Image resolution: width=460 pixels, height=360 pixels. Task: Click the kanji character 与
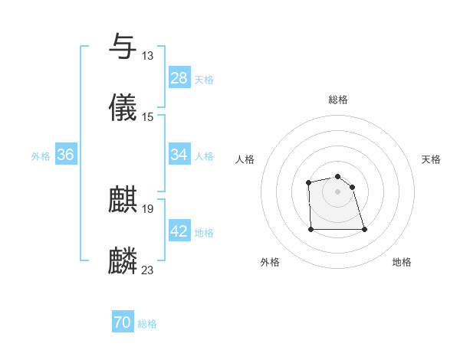click(x=123, y=47)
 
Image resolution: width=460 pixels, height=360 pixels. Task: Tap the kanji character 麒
click(x=123, y=201)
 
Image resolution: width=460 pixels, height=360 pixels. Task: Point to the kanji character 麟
click(x=123, y=261)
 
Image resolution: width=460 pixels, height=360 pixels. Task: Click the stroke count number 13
click(x=148, y=56)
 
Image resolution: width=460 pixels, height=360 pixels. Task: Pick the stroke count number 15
click(x=148, y=116)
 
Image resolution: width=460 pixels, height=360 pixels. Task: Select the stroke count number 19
click(x=148, y=209)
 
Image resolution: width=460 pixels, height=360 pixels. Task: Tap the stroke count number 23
click(x=148, y=270)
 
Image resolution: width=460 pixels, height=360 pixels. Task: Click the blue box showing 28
click(x=179, y=78)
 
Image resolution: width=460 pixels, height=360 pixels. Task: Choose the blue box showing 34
click(x=179, y=155)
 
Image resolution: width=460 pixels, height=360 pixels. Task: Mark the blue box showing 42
click(x=179, y=231)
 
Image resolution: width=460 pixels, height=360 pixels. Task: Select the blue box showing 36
click(x=66, y=155)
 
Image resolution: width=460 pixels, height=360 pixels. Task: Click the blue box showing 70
click(x=123, y=323)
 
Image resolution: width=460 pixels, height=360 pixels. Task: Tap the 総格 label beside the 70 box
click(x=147, y=324)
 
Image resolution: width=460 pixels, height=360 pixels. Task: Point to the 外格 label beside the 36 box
click(x=41, y=155)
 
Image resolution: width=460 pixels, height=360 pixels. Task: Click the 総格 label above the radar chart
click(x=338, y=100)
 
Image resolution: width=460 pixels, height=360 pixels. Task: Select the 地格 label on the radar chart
click(x=402, y=262)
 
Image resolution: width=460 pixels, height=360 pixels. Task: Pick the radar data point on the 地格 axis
click(x=364, y=229)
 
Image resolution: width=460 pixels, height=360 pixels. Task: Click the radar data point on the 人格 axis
click(x=308, y=182)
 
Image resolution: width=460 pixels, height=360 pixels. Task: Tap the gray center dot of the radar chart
click(x=337, y=191)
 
